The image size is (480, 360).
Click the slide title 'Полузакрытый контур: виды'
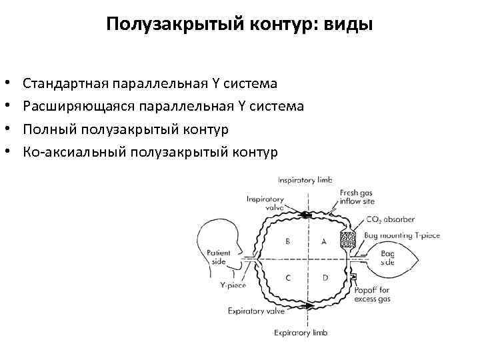pyautogui.click(x=240, y=25)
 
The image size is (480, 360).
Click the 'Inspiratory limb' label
pyautogui.click(x=305, y=180)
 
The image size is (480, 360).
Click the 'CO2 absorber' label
pyautogui.click(x=390, y=219)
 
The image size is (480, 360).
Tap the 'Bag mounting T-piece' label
pyautogui.click(x=402, y=235)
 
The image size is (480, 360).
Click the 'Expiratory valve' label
pyautogui.click(x=256, y=311)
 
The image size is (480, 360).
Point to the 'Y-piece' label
pyautogui.click(x=233, y=285)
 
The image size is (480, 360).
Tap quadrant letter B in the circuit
pyautogui.click(x=287, y=241)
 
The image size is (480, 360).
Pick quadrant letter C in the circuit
pyautogui.click(x=287, y=277)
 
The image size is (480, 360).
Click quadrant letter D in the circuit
pyautogui.click(x=325, y=277)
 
